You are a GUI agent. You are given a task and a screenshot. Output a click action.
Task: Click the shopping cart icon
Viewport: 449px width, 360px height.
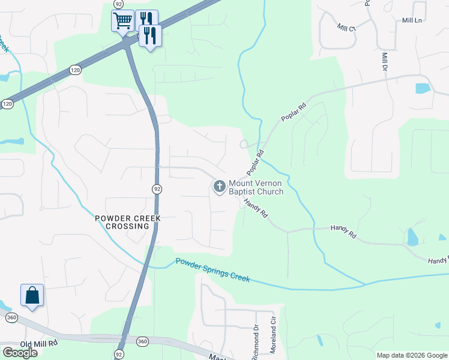pos(122,21)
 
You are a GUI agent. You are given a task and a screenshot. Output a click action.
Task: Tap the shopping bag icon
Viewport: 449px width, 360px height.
pos(32,295)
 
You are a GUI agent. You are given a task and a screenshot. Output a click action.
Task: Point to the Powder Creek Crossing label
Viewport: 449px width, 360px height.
pos(127,222)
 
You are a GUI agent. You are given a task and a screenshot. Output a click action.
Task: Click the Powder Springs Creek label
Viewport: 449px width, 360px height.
pos(213,268)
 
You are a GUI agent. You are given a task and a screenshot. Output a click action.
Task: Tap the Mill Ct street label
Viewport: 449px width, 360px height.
pos(346,28)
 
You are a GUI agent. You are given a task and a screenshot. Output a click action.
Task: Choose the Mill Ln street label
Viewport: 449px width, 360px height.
pos(412,20)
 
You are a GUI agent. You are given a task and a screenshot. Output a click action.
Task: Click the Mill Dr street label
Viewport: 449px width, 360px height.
pos(385,62)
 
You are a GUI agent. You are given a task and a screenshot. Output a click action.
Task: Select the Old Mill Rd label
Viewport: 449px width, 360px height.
pos(38,343)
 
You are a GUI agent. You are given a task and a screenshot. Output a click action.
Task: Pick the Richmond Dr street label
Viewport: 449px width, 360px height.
pos(255,343)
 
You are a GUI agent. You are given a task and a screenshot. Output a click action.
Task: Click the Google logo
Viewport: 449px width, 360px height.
pos(19,352)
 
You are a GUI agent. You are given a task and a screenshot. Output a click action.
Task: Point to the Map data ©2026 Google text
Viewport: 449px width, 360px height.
pos(411,355)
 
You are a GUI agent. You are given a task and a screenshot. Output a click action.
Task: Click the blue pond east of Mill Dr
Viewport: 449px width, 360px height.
pos(423,88)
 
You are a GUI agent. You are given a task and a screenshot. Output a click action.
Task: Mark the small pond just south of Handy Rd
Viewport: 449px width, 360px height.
pos(412,238)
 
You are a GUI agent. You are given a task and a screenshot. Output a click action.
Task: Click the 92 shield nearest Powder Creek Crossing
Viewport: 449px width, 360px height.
pos(157,189)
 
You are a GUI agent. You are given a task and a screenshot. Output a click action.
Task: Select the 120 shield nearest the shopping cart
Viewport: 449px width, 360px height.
pos(74,70)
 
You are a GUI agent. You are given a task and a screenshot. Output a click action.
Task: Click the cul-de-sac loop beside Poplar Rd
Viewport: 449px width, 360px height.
pos(244,144)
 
